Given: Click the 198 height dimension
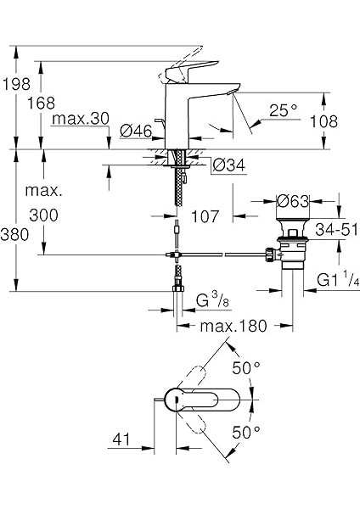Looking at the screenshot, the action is click(x=17, y=84).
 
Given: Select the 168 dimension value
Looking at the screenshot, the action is click(x=41, y=103).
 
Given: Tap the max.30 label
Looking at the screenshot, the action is click(x=81, y=119).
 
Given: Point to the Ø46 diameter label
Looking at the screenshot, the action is click(x=136, y=131).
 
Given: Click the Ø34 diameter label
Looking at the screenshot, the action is click(x=229, y=166).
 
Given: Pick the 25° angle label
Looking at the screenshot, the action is click(x=283, y=110).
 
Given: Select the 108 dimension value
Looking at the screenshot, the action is click(x=324, y=121).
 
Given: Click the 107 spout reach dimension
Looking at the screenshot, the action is click(x=205, y=216).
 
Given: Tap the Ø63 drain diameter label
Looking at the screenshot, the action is click(x=292, y=201).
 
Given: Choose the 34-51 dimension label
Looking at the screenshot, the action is click(x=336, y=230).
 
